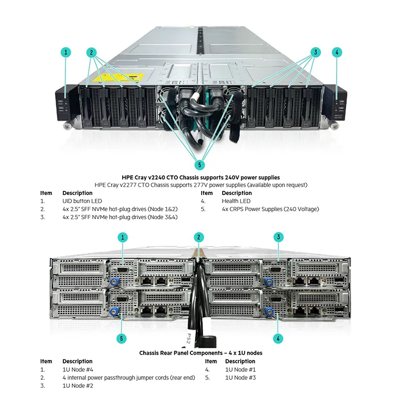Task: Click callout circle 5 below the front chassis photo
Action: (x=200, y=164)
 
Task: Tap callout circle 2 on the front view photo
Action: (x=91, y=52)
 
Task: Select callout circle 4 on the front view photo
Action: (x=337, y=52)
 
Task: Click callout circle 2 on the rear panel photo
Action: (x=200, y=237)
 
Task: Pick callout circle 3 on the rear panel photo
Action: (x=278, y=237)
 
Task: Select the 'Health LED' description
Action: (x=236, y=201)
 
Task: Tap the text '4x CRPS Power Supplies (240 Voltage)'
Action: (x=270, y=209)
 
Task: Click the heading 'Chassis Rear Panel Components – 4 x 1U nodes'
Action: (x=200, y=353)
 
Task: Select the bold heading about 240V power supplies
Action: (x=200, y=177)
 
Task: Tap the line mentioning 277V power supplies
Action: (x=200, y=185)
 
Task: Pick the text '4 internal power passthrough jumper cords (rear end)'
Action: (x=128, y=377)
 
